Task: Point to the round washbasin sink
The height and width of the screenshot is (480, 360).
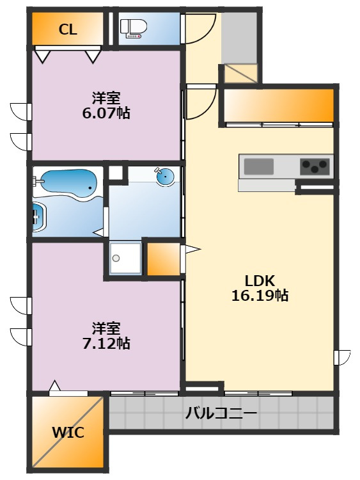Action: [x=166, y=175]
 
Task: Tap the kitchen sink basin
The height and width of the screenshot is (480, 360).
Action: [x=258, y=167]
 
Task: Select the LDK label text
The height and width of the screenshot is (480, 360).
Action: [x=260, y=280]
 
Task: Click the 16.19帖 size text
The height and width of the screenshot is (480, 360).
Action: [x=260, y=296]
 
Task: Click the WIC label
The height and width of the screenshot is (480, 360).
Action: [x=68, y=433]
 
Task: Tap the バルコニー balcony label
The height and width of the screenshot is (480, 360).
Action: [x=221, y=413]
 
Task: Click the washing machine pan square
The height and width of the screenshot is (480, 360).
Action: [x=125, y=258]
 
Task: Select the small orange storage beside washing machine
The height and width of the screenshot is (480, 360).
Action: [x=161, y=257]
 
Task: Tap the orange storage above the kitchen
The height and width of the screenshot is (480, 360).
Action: [x=279, y=104]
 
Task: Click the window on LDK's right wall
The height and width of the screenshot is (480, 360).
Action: [x=343, y=358]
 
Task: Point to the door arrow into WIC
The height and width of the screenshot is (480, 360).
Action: [x=55, y=387]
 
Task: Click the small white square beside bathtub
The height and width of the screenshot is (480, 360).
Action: [x=114, y=173]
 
